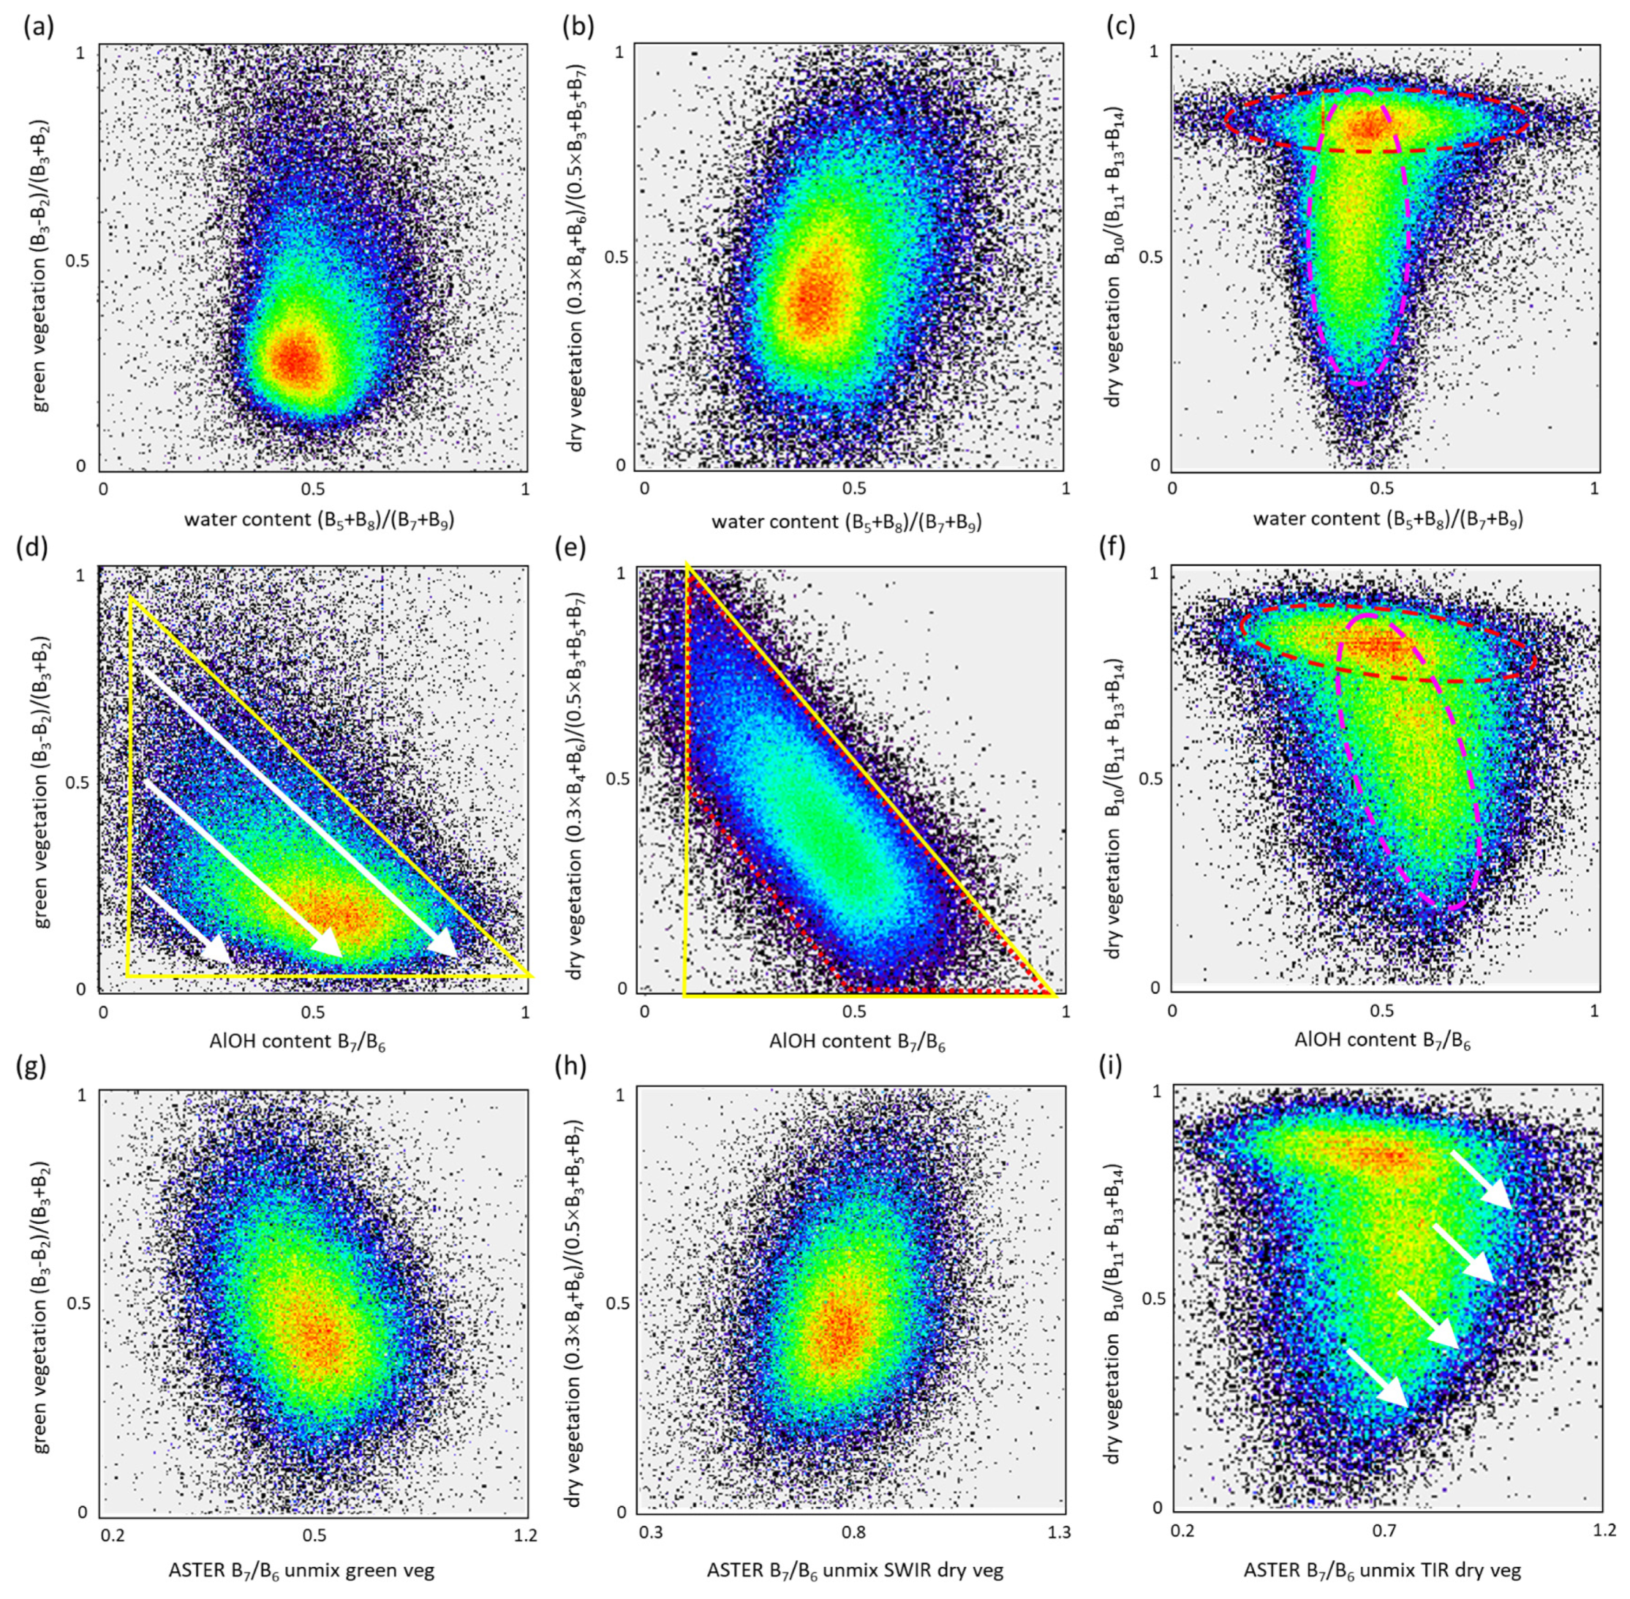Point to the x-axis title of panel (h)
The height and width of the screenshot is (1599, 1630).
(x=854, y=1569)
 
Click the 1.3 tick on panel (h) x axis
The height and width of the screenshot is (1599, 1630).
(x=1059, y=1532)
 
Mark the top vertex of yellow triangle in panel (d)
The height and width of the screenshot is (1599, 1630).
(x=132, y=597)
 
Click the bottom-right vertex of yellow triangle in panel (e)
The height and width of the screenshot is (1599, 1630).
(x=1054, y=996)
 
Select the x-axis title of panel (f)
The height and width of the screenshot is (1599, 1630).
(x=1382, y=1042)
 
